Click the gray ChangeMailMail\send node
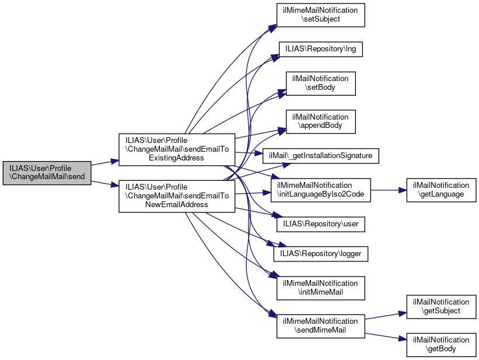pyautogui.click(x=47, y=173)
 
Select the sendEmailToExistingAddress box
pyautogui.click(x=177, y=149)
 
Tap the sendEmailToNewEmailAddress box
pyautogui.click(x=177, y=196)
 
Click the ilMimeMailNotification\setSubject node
pyautogui.click(x=320, y=15)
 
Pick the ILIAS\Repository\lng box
pyautogui.click(x=320, y=50)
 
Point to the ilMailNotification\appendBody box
pyautogui.click(x=320, y=121)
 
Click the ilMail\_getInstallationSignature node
pyautogui.click(x=321, y=156)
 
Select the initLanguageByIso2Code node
pyautogui.click(x=320, y=190)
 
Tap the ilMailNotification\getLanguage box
pyautogui.click(x=441, y=190)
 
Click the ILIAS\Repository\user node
pyautogui.click(x=320, y=224)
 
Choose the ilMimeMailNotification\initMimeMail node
pyautogui.click(x=320, y=288)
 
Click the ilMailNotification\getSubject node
pyautogui.click(x=441, y=306)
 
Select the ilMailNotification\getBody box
pyautogui.click(x=441, y=345)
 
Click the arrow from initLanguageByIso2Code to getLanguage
pyautogui.click(x=388, y=190)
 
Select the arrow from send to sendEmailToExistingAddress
pyautogui.click(x=105, y=164)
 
